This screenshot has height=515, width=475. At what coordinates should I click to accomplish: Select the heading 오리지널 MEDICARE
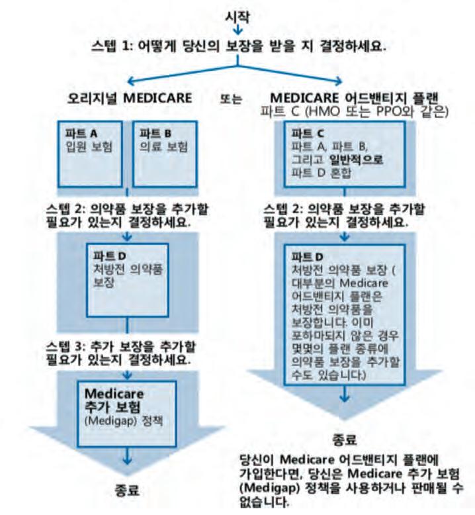(x=132, y=100)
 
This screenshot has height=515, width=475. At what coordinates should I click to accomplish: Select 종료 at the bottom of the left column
(x=129, y=492)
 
